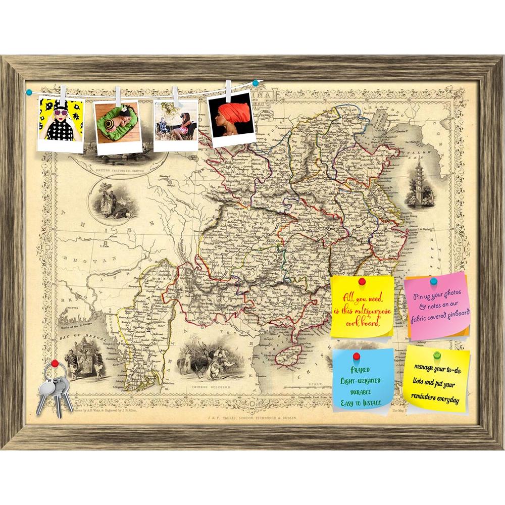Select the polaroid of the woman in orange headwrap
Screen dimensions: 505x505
(x=231, y=118)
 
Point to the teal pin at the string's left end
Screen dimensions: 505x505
(x=29, y=92)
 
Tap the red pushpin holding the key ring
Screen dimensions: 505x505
(x=55, y=363)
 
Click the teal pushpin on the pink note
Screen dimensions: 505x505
(x=433, y=280)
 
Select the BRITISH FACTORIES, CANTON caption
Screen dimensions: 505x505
(x=116, y=171)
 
